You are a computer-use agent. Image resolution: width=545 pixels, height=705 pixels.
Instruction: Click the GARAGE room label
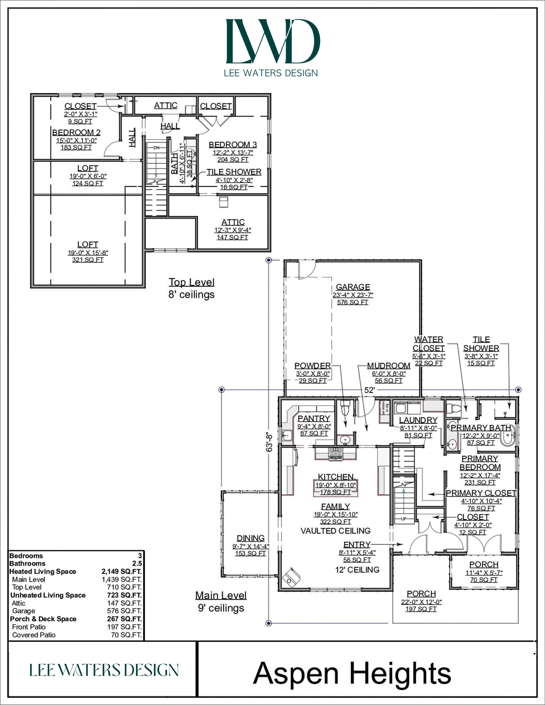(353, 287)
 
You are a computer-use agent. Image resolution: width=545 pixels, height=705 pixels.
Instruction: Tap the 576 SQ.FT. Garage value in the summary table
(124, 611)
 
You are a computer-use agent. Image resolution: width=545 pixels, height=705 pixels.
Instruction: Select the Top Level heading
(191, 282)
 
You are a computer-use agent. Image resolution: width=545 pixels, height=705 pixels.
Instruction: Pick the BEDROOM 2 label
(76, 132)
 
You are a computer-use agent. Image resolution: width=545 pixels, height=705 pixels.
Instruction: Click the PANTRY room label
(314, 418)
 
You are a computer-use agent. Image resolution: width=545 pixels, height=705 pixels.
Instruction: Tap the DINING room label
(250, 538)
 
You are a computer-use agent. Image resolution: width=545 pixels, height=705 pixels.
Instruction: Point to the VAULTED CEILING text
(336, 531)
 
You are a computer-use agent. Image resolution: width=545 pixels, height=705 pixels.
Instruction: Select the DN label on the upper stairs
(156, 148)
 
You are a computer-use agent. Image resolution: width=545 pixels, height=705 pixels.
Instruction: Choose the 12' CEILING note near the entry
(357, 570)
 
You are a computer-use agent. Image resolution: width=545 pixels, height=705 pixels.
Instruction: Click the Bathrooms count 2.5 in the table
(137, 563)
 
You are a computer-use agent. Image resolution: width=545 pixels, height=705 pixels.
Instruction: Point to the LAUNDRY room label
(418, 420)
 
